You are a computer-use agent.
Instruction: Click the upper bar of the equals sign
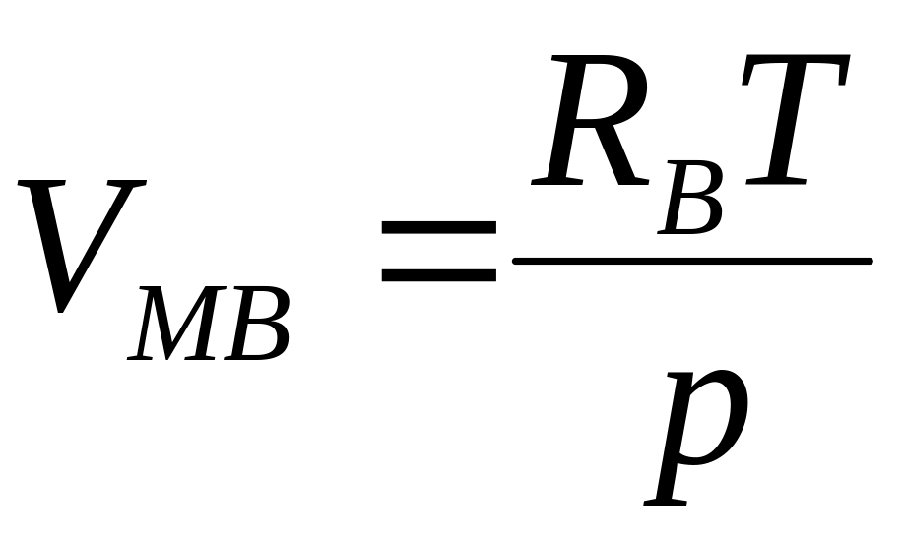click(x=438, y=227)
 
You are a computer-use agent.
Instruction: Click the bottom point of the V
click(x=62, y=309)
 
